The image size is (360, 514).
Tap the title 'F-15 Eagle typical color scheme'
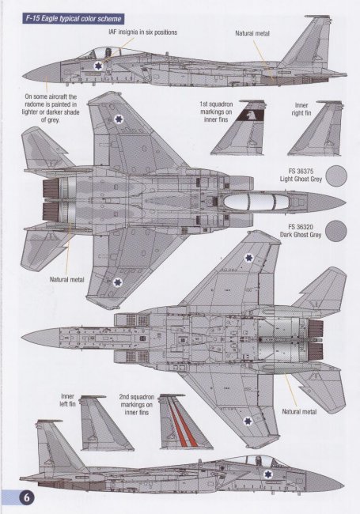tap(74, 19)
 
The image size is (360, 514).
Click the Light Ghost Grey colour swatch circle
tap(337, 176)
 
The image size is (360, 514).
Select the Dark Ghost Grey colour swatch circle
tap(337, 231)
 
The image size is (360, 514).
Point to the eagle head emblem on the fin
tap(251, 115)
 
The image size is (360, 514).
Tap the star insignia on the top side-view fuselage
tap(97, 66)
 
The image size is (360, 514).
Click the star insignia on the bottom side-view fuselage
tap(268, 474)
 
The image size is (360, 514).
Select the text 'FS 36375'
tap(301, 172)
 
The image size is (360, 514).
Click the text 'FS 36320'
tap(301, 227)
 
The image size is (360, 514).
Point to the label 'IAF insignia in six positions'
tap(143, 32)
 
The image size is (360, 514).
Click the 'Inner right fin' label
tap(301, 109)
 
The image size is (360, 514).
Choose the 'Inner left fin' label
tap(67, 400)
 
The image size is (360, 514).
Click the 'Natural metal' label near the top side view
tap(252, 33)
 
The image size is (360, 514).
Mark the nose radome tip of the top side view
tap(23, 77)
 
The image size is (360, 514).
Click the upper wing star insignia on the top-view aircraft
tap(118, 119)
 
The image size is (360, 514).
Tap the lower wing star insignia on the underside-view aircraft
tap(248, 421)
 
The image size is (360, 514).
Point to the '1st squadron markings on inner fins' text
tap(216, 111)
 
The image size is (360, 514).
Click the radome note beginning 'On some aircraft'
tap(51, 108)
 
